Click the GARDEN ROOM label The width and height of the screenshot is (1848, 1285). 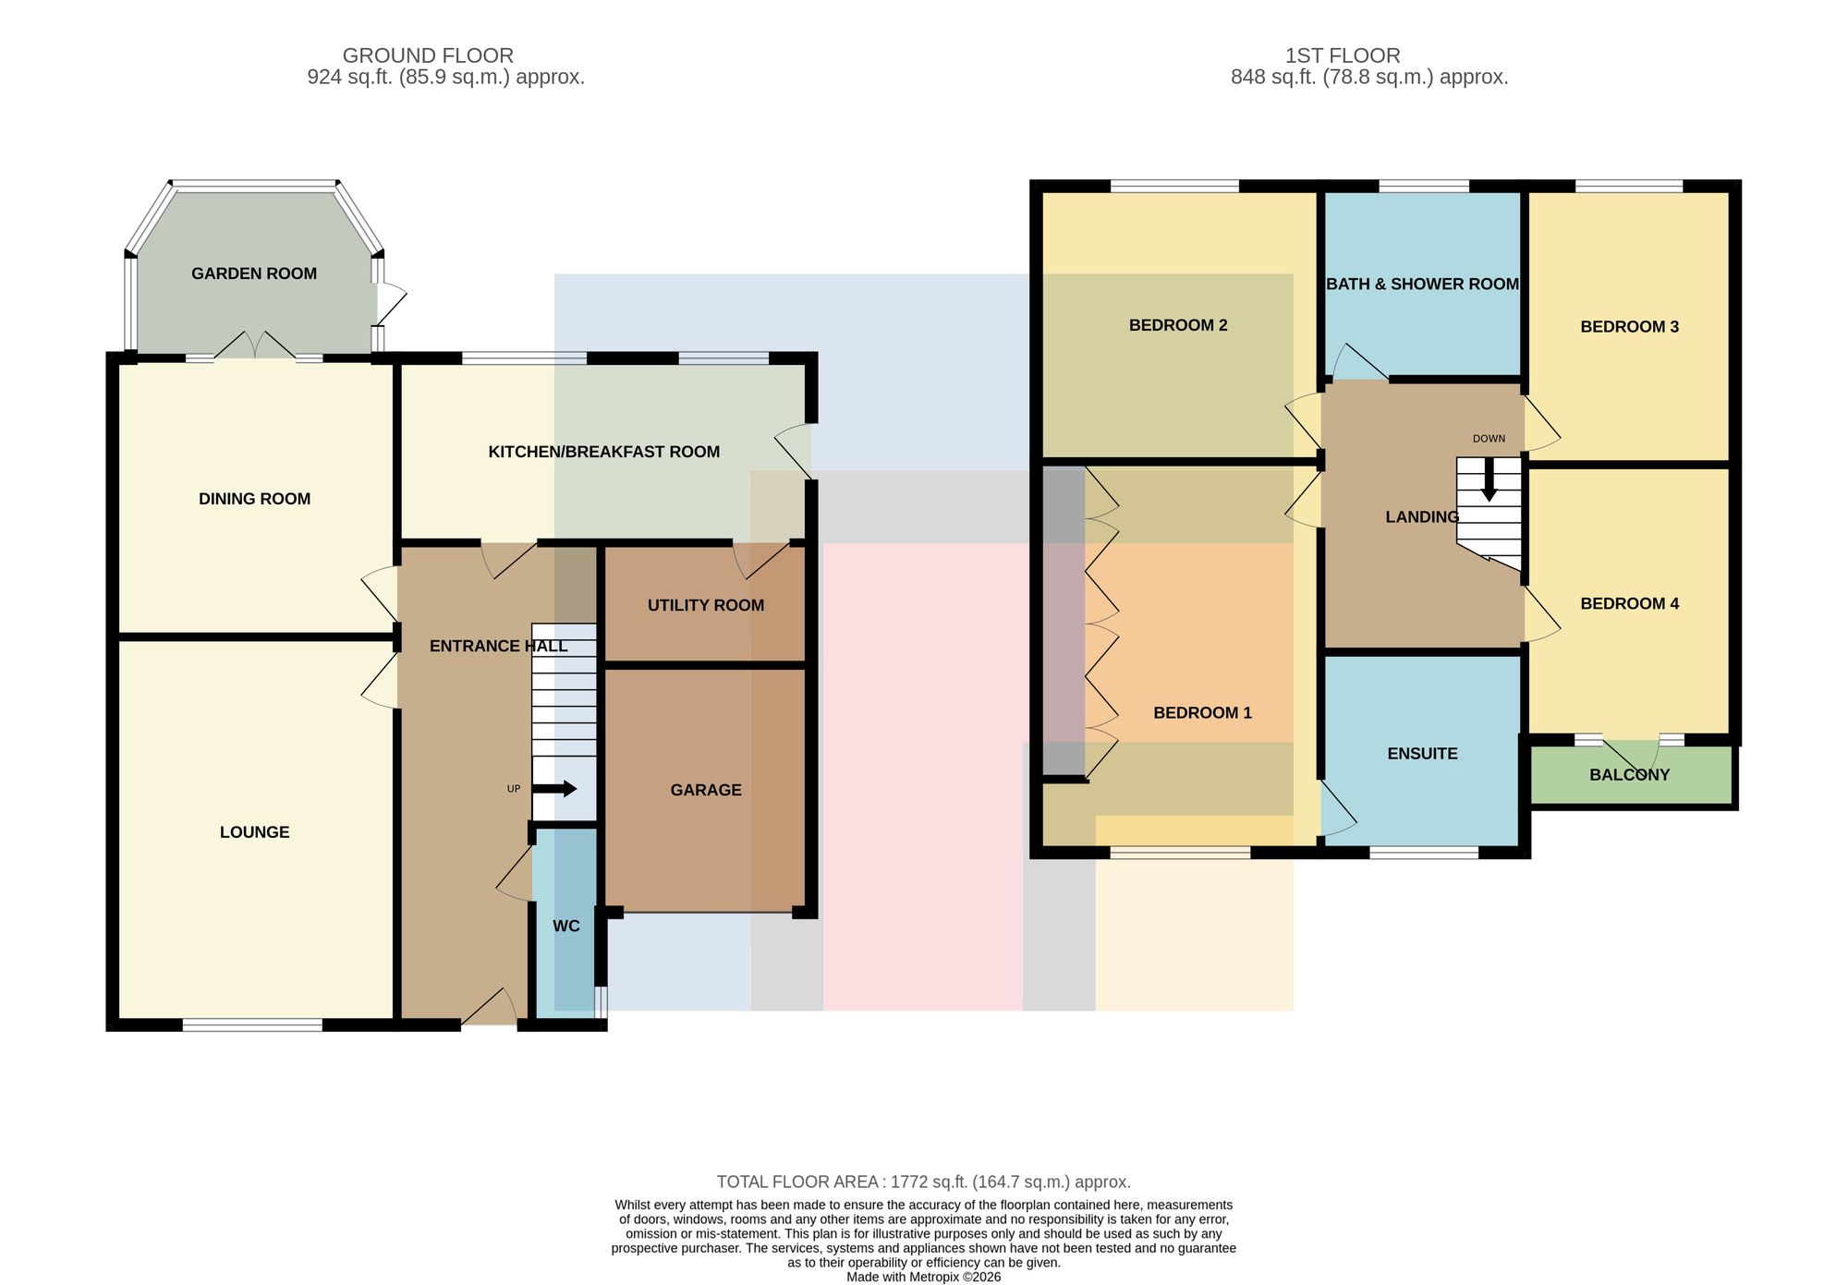tap(254, 273)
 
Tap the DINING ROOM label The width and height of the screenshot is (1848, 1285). tap(254, 499)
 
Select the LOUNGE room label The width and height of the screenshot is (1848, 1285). tap(254, 832)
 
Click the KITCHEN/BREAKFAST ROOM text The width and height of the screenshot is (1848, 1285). tap(603, 452)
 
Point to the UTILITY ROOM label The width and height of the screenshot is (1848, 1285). tap(706, 605)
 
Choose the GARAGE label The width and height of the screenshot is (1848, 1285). tap(706, 790)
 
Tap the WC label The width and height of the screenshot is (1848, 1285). tap(566, 926)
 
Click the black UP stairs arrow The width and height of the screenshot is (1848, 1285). tap(554, 789)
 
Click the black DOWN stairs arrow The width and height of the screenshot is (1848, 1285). tap(1489, 480)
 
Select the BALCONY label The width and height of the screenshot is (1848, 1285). tap(1630, 775)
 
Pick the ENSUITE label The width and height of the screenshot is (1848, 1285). tap(1422, 754)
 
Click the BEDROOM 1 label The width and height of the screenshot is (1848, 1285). tap(1202, 713)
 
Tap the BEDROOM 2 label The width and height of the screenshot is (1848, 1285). tap(1178, 325)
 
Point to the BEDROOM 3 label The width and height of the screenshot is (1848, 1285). tap(1629, 327)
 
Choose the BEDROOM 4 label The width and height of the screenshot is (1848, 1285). tap(1629, 604)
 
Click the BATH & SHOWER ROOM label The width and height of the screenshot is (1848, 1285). tap(1422, 285)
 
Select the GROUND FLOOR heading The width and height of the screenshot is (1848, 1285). tap(428, 55)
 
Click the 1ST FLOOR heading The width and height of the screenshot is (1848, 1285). tap(1343, 55)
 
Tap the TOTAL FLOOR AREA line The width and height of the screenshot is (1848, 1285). tap(924, 1182)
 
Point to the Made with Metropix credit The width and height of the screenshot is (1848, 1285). tap(924, 1278)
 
